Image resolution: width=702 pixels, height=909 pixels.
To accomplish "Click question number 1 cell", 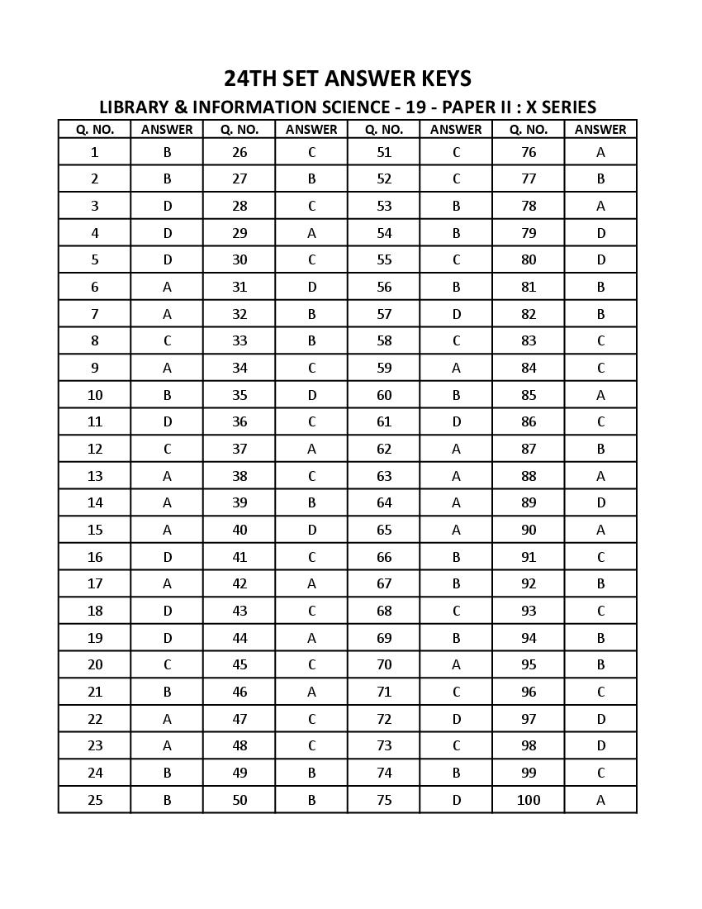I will click(x=95, y=152).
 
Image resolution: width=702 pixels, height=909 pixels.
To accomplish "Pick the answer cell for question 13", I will click(x=167, y=476).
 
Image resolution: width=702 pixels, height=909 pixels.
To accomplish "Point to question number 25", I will click(x=95, y=800).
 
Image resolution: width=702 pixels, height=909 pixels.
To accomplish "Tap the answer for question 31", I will click(x=311, y=287).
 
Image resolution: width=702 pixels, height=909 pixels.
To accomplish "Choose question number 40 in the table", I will click(x=240, y=530).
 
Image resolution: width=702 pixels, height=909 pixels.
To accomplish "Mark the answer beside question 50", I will click(x=311, y=800).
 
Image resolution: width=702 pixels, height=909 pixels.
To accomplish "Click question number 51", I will click(x=384, y=152).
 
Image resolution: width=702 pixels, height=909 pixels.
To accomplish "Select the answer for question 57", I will click(x=456, y=314).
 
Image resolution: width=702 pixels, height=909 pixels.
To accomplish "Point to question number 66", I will click(x=384, y=557).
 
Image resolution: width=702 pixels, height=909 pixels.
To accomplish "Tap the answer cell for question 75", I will click(x=456, y=800).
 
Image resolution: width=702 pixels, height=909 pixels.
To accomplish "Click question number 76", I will click(x=529, y=152).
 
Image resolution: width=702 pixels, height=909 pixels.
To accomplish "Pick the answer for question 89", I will click(x=600, y=502).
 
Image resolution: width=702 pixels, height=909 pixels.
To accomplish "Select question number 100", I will click(x=529, y=800).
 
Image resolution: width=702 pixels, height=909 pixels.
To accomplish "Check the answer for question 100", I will click(x=600, y=800).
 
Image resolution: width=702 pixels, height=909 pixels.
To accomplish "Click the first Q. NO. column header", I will click(x=95, y=130).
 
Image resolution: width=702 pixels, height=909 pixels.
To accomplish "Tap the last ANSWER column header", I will click(x=600, y=130).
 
